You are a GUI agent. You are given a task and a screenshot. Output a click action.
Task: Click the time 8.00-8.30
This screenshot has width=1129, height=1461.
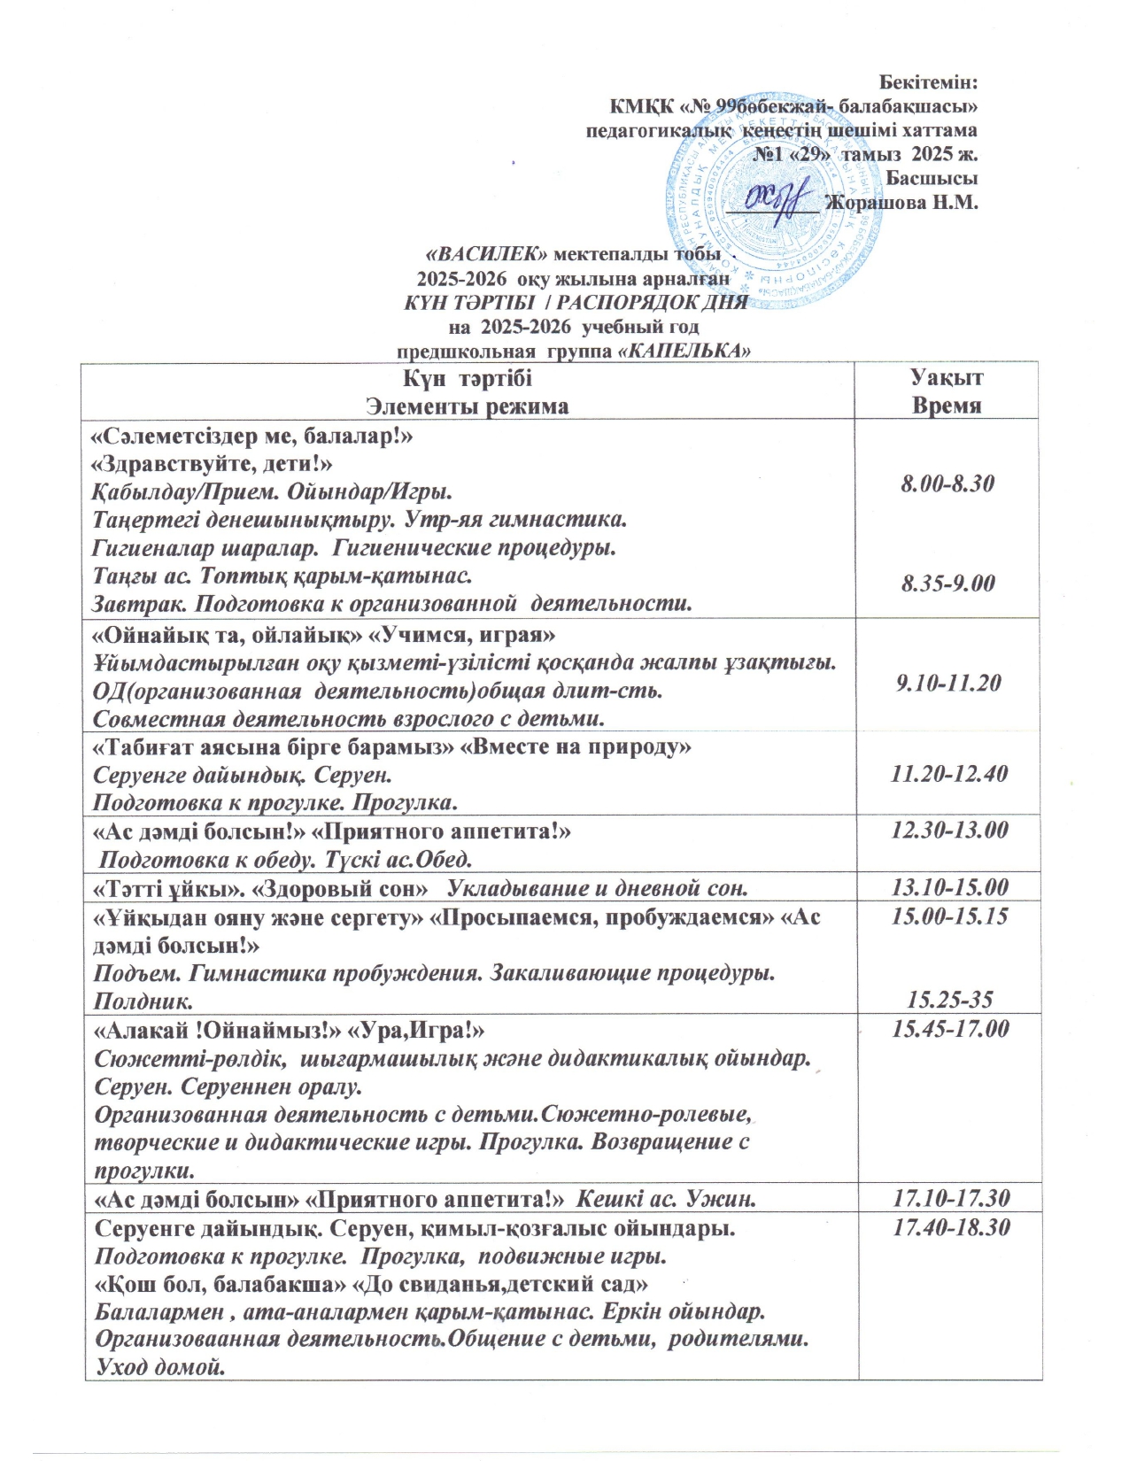tap(947, 483)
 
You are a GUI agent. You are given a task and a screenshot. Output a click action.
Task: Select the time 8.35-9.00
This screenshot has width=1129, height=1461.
tap(947, 584)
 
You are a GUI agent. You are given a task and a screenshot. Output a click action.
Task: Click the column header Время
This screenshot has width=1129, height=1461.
tap(947, 406)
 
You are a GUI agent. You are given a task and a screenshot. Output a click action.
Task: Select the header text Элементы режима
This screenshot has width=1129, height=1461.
tap(468, 406)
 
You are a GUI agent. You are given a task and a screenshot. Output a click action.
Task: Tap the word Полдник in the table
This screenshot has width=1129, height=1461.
tap(145, 1001)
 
